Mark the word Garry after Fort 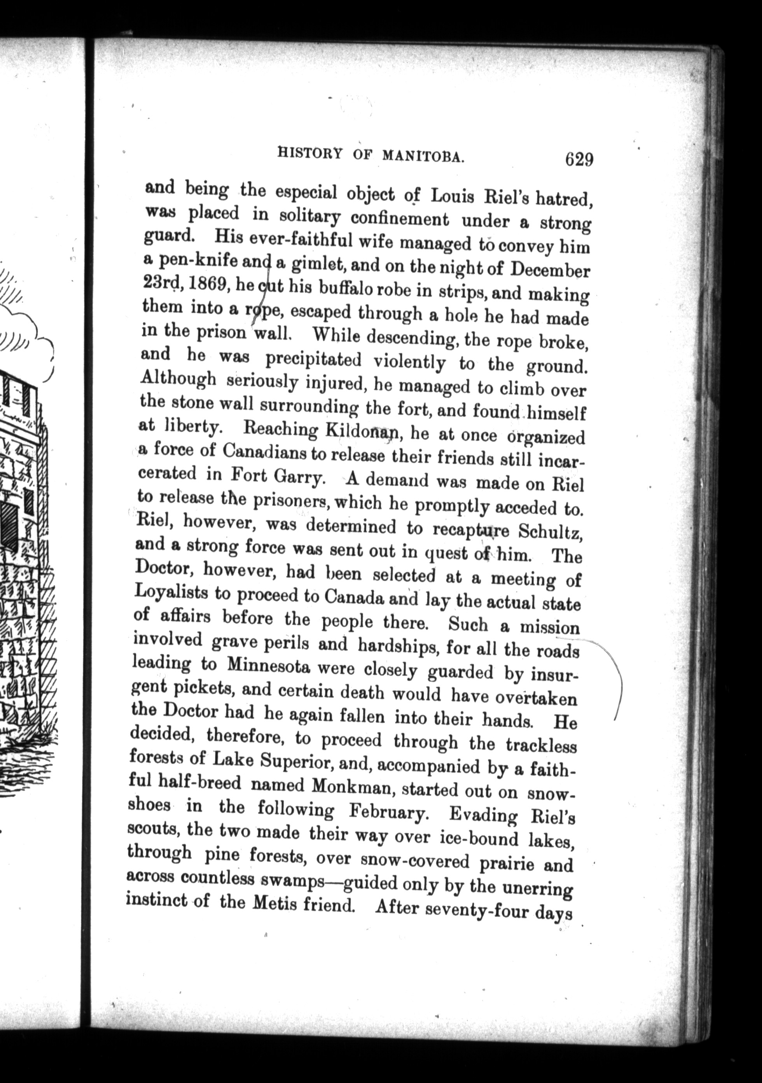298,478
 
